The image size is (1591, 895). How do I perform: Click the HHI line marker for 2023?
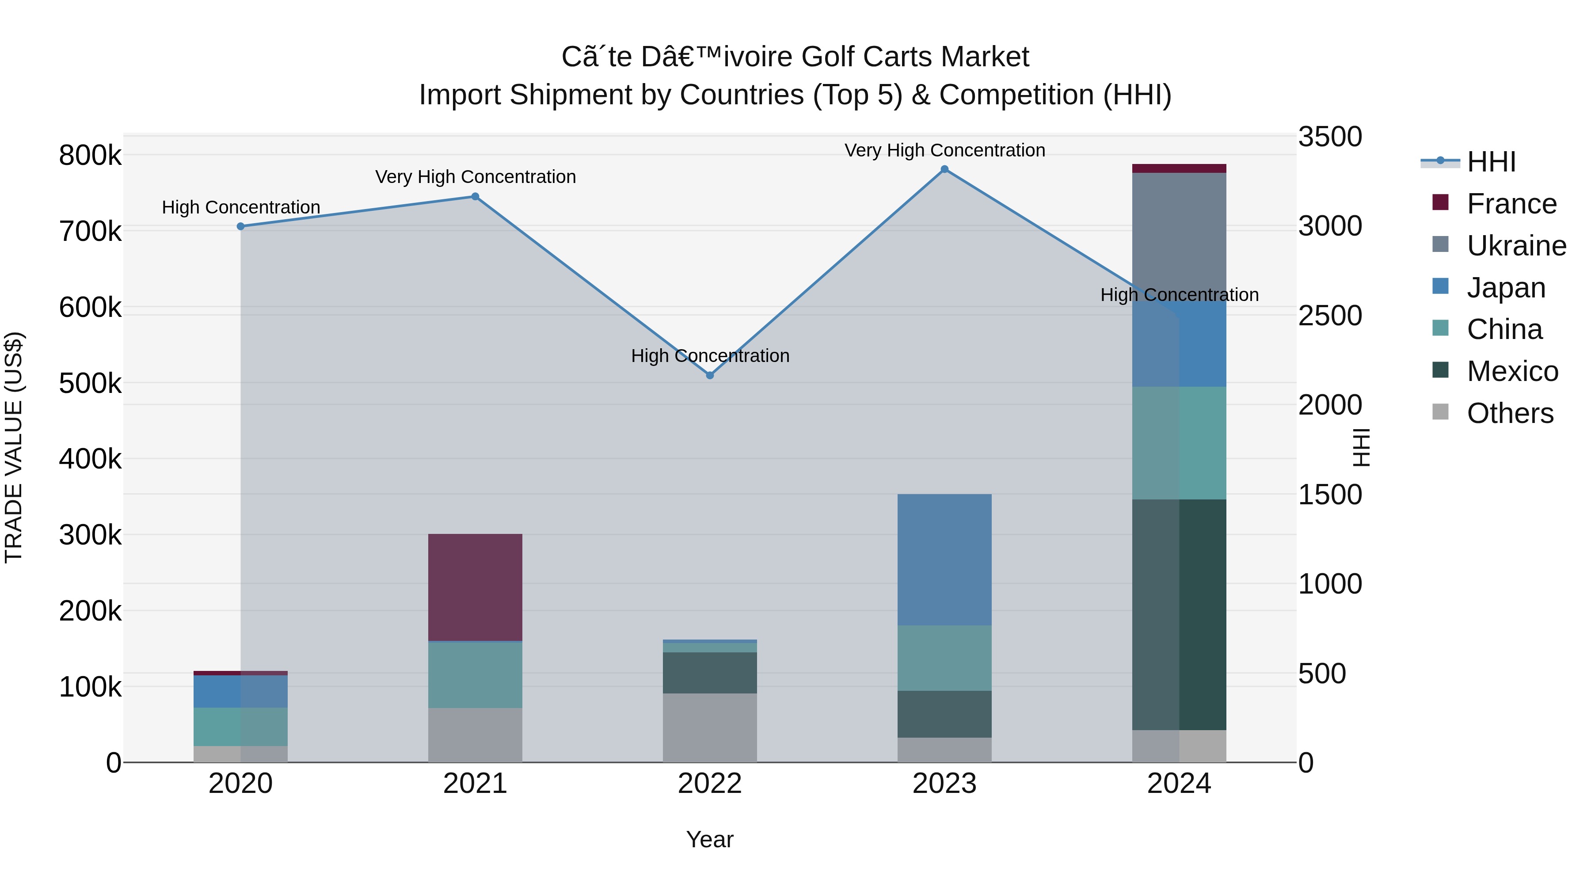(x=944, y=169)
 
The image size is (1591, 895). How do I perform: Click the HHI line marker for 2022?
(x=710, y=375)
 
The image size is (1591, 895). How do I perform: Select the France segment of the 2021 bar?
(x=475, y=587)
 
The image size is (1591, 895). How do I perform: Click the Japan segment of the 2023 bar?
(x=944, y=560)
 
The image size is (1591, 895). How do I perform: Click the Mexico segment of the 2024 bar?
(x=1179, y=615)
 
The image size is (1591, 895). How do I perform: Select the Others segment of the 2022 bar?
(x=710, y=727)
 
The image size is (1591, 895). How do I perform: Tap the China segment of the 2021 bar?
(x=475, y=675)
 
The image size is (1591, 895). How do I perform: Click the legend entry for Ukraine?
(x=1516, y=246)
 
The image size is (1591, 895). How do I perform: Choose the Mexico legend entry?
(x=1512, y=371)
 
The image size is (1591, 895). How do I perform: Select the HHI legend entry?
(x=1491, y=162)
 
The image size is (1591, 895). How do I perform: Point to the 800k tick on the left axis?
(x=90, y=155)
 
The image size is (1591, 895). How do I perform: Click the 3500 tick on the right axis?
(x=1330, y=137)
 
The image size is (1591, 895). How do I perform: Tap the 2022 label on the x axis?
(x=710, y=784)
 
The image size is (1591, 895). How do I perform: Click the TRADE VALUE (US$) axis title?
(x=14, y=447)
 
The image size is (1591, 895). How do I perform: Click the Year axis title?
(x=710, y=839)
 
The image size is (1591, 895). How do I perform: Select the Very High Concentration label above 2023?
(x=944, y=150)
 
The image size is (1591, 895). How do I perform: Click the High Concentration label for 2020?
(x=241, y=207)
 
